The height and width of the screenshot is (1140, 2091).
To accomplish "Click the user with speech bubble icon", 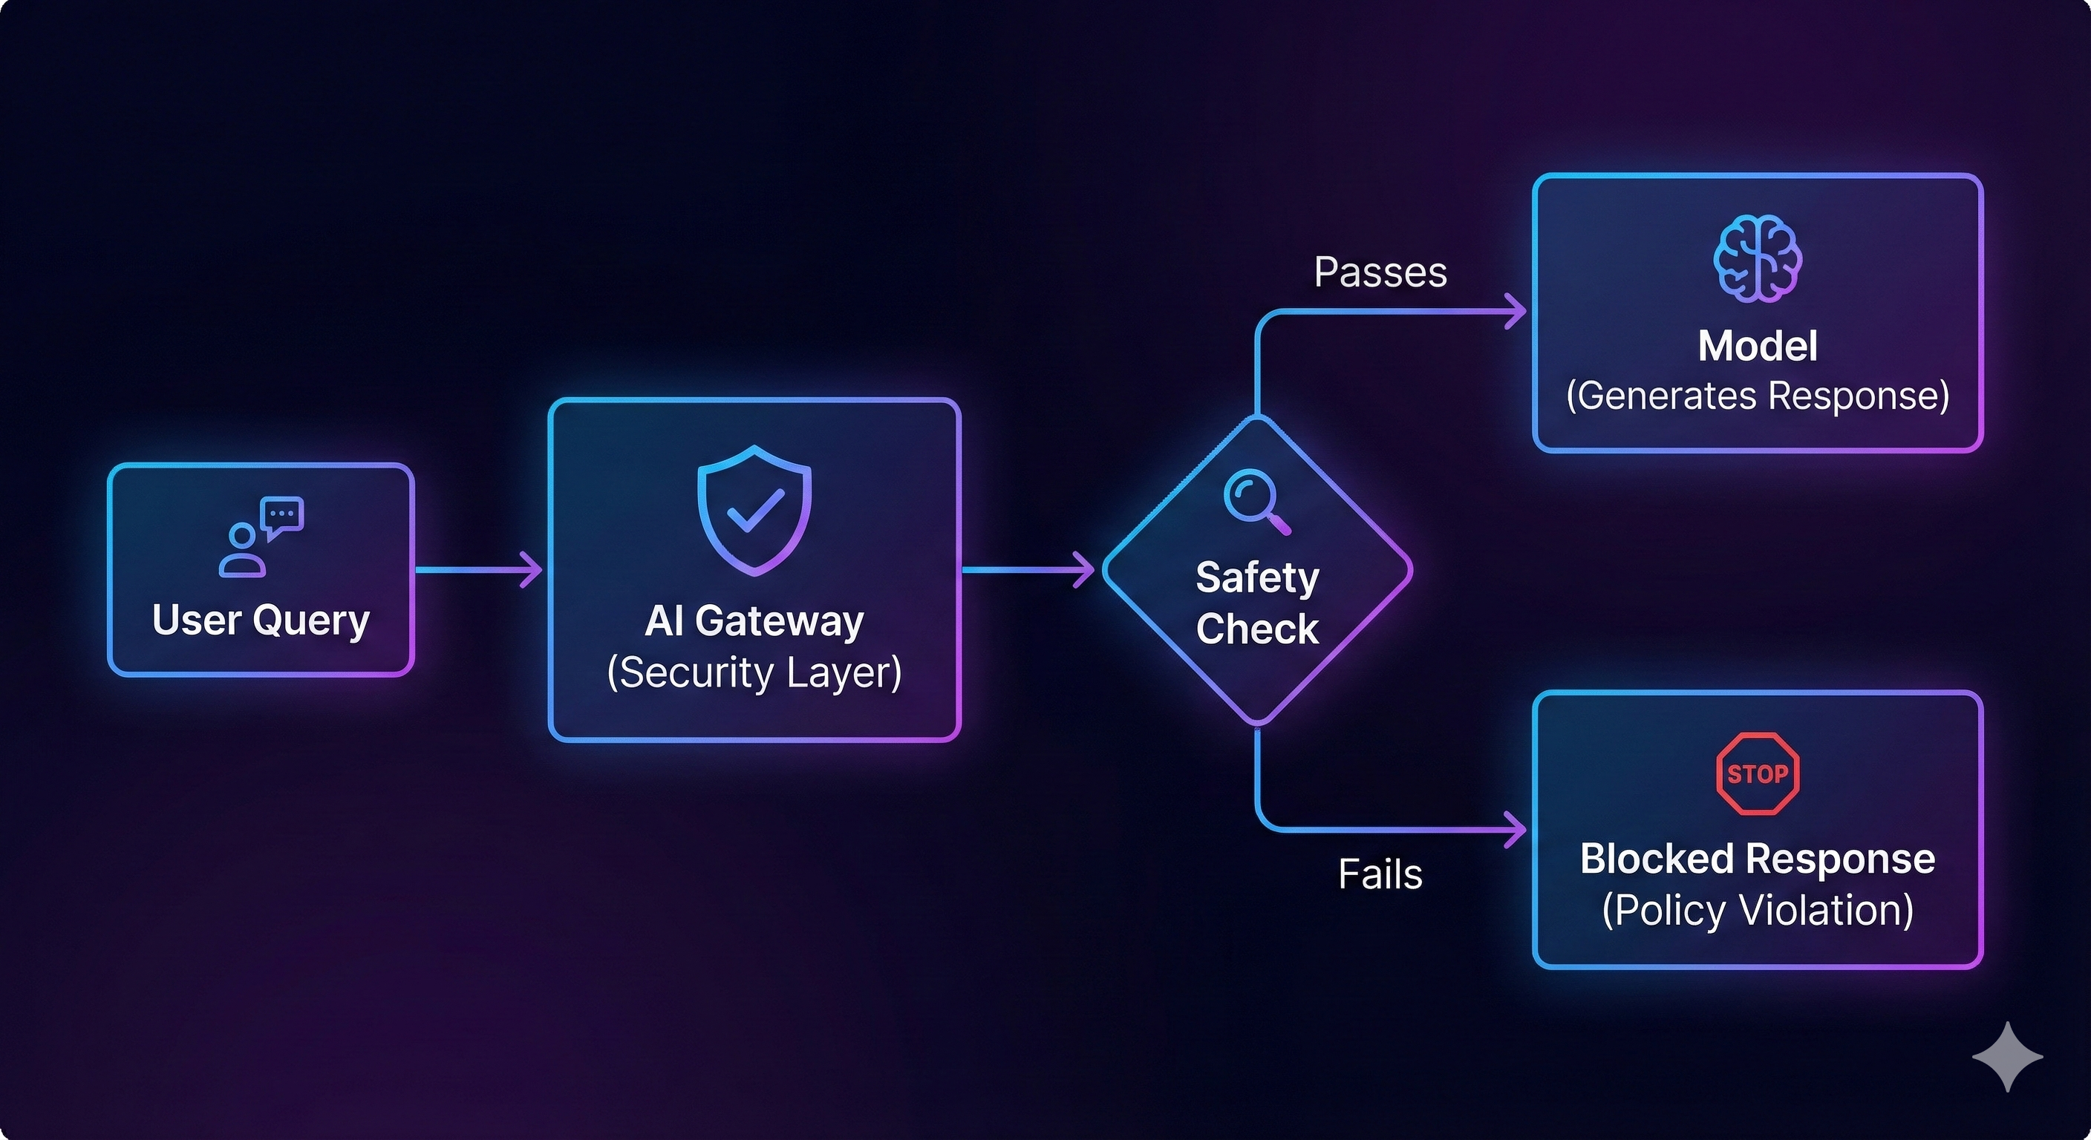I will point(261,537).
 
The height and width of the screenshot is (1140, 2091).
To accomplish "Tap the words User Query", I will point(261,620).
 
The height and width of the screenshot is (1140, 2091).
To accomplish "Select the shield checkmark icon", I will point(754,510).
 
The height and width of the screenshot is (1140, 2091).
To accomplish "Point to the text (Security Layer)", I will point(754,672).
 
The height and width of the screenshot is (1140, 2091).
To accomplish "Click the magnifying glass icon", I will point(1256,502).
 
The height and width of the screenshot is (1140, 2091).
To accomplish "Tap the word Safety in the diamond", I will point(1257,577).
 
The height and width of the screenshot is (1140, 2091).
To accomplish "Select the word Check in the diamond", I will point(1257,629).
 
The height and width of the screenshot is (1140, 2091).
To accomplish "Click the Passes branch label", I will point(1380,272).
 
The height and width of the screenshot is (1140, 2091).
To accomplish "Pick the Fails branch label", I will point(1380,875).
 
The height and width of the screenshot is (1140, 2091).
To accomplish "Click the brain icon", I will point(1758,259).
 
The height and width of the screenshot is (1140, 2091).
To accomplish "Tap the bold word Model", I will point(1758,346).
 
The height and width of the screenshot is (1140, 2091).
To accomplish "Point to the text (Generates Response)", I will point(1758,396).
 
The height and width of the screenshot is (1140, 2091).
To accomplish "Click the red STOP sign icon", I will point(1758,773).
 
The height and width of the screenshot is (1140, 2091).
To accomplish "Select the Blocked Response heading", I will point(1758,859).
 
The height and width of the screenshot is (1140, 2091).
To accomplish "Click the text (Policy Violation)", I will point(1758,910).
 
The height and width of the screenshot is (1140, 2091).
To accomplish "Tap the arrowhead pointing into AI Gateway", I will point(533,569).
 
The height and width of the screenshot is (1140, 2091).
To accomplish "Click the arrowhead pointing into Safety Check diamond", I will point(1086,569).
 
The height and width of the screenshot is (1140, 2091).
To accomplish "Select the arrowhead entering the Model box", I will point(1516,312).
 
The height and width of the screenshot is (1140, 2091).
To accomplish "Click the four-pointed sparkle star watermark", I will point(2007,1056).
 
